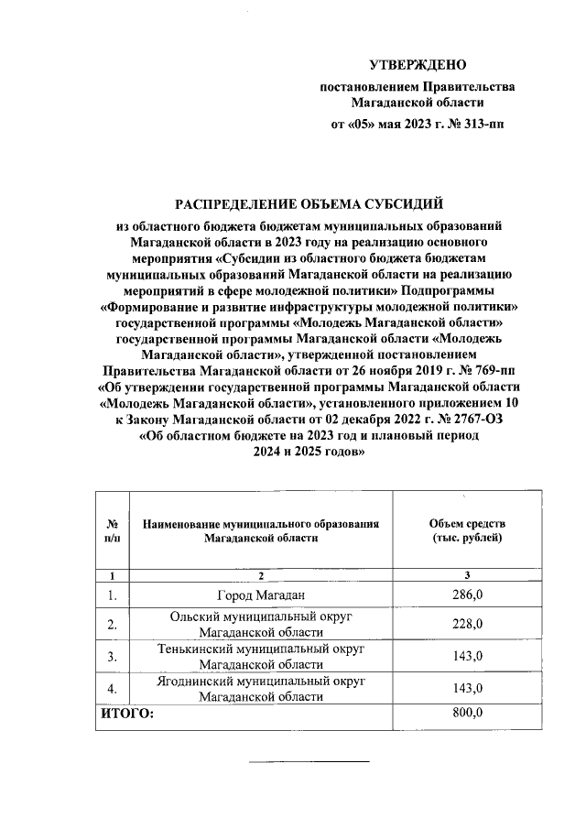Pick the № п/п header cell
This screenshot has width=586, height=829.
click(112, 530)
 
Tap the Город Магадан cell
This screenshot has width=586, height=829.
click(261, 596)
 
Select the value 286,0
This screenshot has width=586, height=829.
click(466, 596)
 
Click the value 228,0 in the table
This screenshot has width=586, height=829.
click(466, 625)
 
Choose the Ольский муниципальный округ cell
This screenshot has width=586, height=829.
click(261, 625)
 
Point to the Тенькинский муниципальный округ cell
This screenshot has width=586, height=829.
click(261, 656)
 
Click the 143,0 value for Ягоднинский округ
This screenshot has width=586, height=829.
click(466, 688)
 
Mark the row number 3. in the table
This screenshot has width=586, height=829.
click(112, 656)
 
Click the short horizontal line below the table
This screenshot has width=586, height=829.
click(309, 761)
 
